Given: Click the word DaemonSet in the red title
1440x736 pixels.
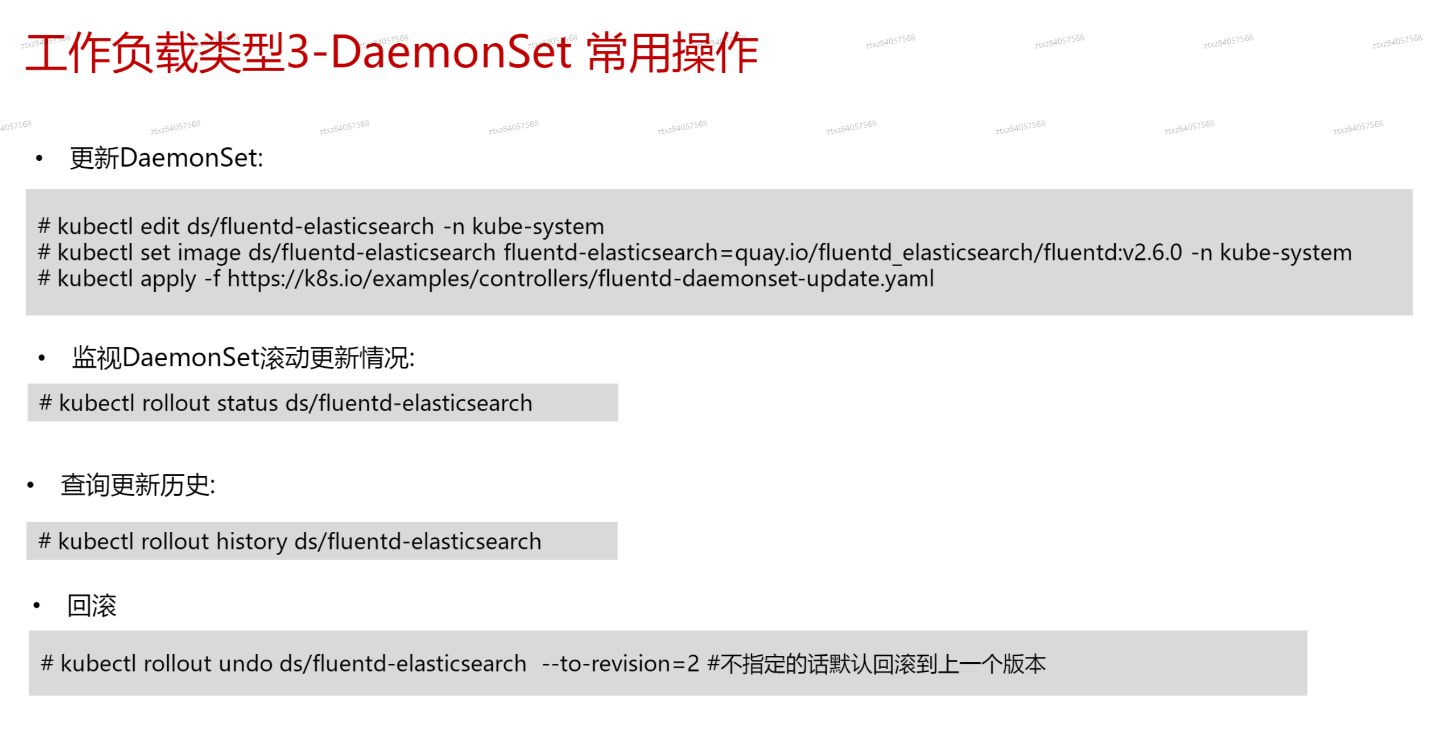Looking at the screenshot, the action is click(451, 52).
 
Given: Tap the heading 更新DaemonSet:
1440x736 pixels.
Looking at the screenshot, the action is click(166, 158).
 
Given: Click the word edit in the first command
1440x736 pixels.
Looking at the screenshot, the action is click(160, 226).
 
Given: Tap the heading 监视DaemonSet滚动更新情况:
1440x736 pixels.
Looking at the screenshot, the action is click(244, 358).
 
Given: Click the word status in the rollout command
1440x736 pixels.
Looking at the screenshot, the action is click(247, 403).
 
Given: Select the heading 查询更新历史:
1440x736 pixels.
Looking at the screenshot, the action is click(138, 485).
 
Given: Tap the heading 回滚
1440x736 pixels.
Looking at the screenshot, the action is click(92, 606).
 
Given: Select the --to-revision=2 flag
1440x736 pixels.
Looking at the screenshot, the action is click(620, 664).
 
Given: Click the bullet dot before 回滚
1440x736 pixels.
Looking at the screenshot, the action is click(37, 606).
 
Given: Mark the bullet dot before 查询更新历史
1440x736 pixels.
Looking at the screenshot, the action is click(31, 485).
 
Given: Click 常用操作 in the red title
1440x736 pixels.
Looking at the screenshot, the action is click(672, 52).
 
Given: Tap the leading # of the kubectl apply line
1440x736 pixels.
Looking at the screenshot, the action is click(44, 278).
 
